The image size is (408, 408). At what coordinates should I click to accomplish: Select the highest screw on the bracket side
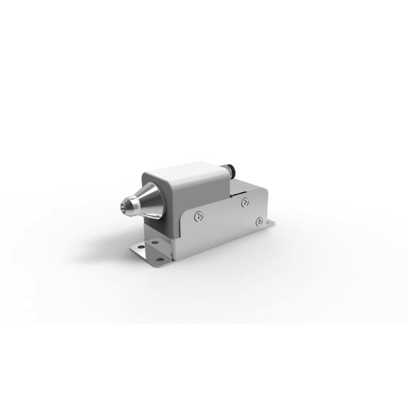pyautogui.click(x=245, y=201)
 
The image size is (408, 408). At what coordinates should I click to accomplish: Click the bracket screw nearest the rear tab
pyautogui.click(x=258, y=221)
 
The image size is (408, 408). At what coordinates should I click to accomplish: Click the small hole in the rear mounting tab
pyautogui.click(x=270, y=224)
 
